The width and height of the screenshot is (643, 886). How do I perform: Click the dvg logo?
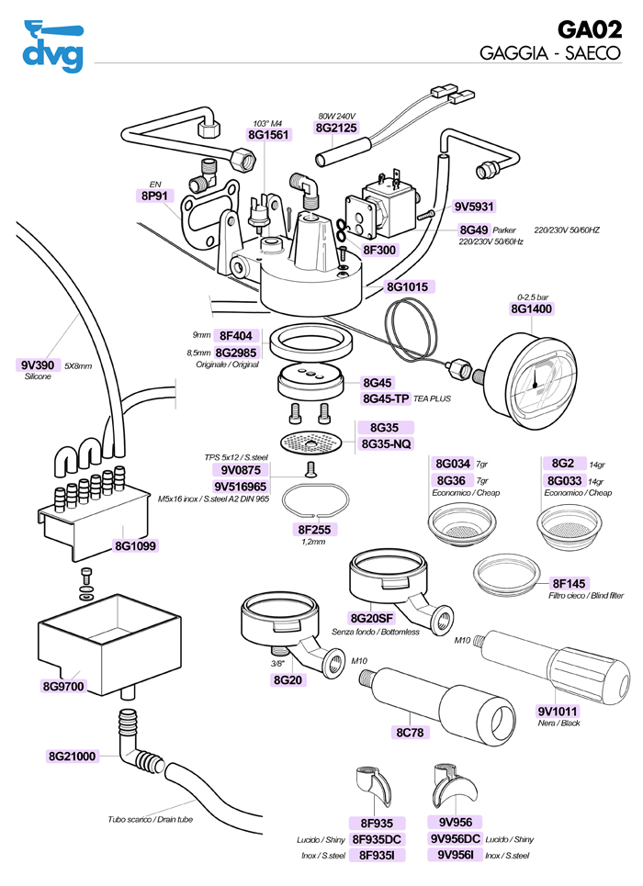51,47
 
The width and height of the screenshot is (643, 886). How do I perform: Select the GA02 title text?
590,29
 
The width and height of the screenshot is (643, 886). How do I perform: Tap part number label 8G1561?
268,135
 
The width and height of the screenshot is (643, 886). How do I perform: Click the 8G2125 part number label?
336,129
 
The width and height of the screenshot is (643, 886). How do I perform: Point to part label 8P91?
154,196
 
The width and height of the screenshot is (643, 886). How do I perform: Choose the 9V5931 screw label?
475,207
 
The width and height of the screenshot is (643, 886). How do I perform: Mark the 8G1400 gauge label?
531,309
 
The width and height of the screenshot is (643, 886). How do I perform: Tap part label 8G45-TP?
386,398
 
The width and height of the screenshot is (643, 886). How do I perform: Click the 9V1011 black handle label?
559,710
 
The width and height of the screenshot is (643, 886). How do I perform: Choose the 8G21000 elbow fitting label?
72,756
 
